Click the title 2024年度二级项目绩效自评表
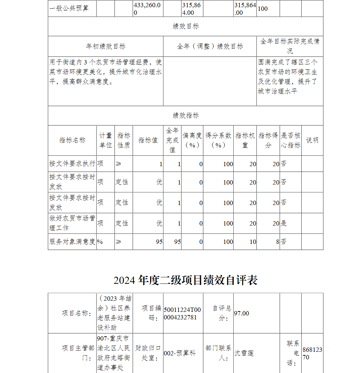coord(185,280)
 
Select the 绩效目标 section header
coord(185,27)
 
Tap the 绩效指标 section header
coord(185,115)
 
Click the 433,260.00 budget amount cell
coord(147,9)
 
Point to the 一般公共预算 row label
coord(69,8)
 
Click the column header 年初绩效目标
coord(105,46)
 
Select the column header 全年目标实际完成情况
coord(289,46)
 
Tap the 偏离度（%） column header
coord(192,140)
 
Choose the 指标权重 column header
coord(245,140)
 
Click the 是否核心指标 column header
coord(291,140)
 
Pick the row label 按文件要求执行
coord(72,164)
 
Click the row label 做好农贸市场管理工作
coord(72,223)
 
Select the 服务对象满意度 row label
coord(72,242)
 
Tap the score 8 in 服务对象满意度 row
coord(278,242)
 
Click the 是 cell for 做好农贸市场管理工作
coord(284,223)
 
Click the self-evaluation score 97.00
coord(242,313)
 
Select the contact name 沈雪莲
coord(244,353)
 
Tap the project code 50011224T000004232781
coord(183,313)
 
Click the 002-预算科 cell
coord(180,353)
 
